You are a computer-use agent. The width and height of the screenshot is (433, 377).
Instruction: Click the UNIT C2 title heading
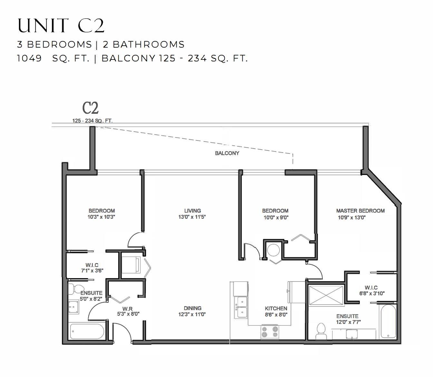(61, 25)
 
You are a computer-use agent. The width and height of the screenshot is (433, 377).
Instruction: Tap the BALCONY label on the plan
(227, 153)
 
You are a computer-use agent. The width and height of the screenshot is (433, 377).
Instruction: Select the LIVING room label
(192, 211)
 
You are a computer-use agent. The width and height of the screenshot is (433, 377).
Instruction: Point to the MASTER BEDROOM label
(360, 211)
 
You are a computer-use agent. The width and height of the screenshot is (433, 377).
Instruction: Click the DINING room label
(192, 308)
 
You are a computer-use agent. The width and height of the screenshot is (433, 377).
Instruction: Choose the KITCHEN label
(276, 308)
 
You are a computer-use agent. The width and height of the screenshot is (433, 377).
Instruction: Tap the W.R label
(127, 309)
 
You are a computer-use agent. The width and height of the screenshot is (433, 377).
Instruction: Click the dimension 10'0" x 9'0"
(276, 217)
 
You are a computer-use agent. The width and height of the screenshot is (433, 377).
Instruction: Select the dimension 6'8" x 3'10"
(372, 293)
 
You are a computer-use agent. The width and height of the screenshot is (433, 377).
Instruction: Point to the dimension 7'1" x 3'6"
(92, 271)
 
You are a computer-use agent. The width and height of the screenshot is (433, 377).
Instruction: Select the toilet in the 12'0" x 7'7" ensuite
(321, 331)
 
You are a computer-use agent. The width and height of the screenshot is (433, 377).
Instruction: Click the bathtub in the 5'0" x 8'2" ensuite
(87, 331)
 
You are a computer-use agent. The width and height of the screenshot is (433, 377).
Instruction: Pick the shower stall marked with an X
(326, 295)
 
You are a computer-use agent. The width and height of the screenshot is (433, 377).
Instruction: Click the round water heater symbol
(274, 250)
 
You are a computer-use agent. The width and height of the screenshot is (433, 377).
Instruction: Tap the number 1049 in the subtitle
(29, 58)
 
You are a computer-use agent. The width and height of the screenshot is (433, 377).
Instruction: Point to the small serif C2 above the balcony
(90, 108)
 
